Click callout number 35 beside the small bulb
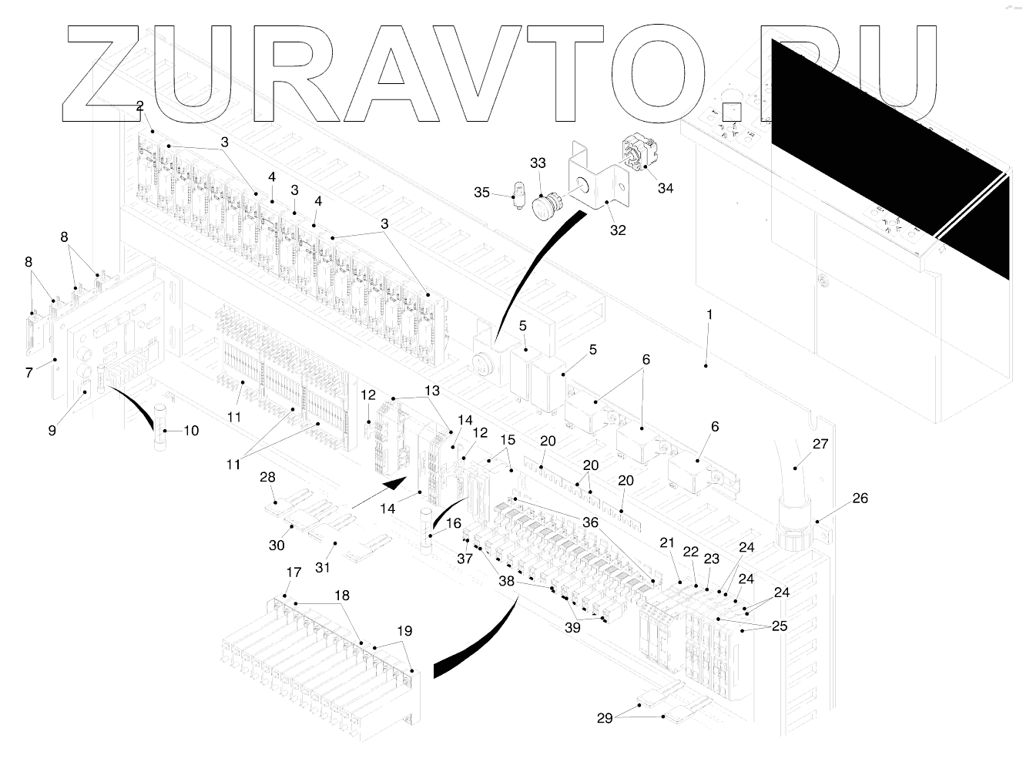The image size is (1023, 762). tap(481, 192)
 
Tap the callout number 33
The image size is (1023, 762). tap(537, 163)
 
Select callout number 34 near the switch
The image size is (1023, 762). tap(665, 188)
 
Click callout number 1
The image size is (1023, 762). tap(709, 315)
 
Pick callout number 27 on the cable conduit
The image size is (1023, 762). tap(820, 444)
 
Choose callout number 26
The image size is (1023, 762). tap(860, 498)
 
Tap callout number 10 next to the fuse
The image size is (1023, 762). tap(190, 431)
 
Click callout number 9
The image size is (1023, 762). tap(52, 431)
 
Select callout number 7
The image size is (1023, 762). tap(29, 373)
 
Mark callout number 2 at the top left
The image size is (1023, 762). tap(139, 106)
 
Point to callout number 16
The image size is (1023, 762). tap(454, 523)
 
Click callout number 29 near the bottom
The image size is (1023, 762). tap(605, 718)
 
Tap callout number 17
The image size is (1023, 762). tap(293, 572)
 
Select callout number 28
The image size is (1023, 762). tap(267, 478)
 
